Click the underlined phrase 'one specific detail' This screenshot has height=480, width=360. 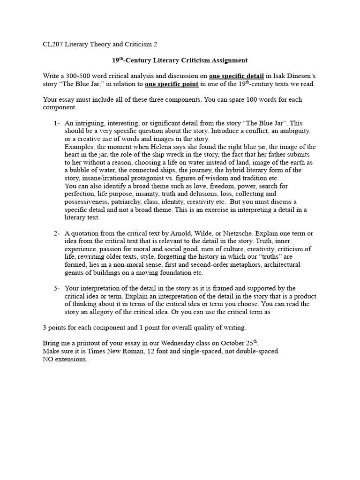coord(237,76)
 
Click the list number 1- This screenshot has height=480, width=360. coord(57,123)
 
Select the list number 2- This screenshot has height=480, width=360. coord(57,233)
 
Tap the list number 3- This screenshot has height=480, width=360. coord(57,288)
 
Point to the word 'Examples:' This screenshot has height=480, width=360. coord(79,147)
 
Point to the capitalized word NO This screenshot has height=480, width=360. coord(48,360)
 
